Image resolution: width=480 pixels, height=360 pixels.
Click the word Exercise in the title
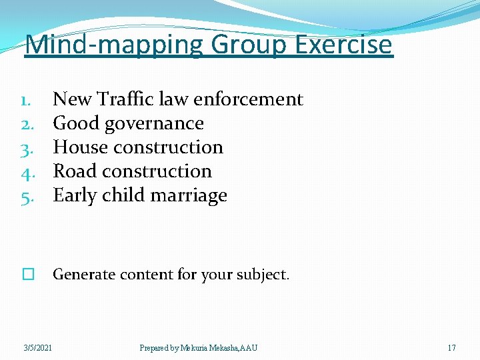coord(344,45)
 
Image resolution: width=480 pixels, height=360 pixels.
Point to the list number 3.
coord(27,147)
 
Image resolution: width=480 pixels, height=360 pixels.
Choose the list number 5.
coord(27,196)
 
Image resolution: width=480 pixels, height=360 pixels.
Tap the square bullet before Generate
coord(27,275)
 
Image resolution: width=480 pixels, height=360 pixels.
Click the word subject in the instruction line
coord(264,274)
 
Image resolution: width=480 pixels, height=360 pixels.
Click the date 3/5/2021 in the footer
coord(39,348)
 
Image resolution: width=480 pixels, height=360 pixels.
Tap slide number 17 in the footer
coord(451,348)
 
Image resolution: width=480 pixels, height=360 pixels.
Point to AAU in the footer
coord(249,348)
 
